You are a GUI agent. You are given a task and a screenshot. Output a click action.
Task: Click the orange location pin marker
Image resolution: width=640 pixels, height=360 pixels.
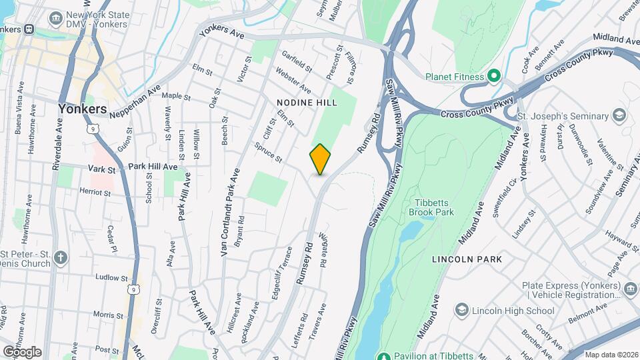tap(320, 159)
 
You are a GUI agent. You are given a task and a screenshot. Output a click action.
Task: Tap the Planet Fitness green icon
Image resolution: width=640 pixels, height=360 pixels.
tap(494, 76)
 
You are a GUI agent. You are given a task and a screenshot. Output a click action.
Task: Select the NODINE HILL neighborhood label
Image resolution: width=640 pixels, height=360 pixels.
tap(307, 103)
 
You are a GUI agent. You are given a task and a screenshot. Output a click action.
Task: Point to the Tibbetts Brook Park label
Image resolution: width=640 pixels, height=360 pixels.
tap(434, 207)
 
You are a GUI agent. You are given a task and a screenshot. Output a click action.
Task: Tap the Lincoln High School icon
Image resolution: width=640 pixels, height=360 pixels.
tap(461, 310)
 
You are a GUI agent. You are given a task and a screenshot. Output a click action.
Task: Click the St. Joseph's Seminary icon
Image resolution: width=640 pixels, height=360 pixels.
tap(621, 115)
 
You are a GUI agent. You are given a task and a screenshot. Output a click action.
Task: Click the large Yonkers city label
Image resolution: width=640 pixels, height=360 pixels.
tap(82, 109)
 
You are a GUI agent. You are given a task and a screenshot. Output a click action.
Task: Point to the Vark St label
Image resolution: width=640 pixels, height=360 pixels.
tap(102, 170)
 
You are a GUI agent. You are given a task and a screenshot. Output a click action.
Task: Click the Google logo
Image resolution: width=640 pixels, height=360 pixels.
tap(22, 352)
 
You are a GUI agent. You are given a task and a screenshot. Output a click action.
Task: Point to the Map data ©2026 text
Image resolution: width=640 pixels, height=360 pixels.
tap(611, 355)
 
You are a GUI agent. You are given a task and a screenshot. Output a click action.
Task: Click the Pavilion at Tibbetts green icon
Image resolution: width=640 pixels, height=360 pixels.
tap(383, 354)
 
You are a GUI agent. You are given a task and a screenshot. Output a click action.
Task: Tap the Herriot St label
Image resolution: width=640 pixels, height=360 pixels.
tap(95, 192)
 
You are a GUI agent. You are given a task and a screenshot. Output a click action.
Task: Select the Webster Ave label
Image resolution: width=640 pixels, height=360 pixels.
tap(293, 83)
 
